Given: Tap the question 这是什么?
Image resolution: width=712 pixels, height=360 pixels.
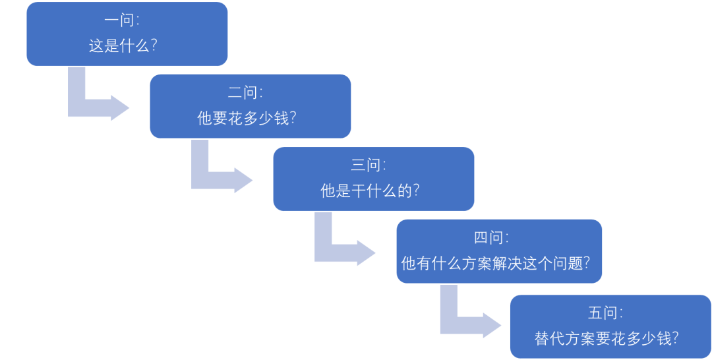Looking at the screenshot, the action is pos(123,46).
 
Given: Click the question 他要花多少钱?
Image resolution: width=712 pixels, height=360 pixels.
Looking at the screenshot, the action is pos(247,119).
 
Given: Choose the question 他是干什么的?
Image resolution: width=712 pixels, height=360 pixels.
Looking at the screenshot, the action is pos(370,191).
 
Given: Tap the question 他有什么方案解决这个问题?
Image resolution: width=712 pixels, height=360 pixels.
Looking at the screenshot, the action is pos(495,264).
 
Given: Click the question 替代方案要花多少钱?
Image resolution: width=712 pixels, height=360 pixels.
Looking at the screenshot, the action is pos(607,339).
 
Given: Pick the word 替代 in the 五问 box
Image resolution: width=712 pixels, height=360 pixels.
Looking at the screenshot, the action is pos(549,339).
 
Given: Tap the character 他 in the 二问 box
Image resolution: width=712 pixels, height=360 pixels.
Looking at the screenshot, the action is pos(204,119).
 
